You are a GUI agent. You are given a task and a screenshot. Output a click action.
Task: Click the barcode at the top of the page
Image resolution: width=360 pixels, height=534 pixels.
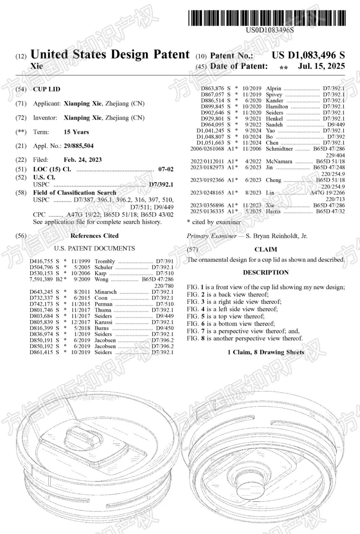(267, 18)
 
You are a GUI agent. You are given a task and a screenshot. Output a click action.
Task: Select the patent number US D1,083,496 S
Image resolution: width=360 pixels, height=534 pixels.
(308, 55)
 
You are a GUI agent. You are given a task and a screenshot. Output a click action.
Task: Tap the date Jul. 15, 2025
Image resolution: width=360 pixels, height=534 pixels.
(321, 66)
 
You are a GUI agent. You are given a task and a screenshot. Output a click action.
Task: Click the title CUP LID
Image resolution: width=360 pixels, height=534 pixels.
(47, 89)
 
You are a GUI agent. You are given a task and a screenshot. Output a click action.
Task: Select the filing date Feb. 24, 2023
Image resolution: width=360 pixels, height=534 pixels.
(83, 160)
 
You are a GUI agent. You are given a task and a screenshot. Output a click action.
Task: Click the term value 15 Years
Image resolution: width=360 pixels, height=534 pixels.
(76, 132)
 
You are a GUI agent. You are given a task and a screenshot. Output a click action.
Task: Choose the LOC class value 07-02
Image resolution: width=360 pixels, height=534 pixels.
(166, 169)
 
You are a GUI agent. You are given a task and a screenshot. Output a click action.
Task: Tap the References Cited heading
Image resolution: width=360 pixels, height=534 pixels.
(94, 236)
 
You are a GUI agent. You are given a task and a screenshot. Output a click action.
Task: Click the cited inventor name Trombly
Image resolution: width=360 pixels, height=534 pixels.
(105, 261)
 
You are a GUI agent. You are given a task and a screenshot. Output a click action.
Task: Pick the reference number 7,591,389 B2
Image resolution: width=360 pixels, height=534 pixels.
(45, 279)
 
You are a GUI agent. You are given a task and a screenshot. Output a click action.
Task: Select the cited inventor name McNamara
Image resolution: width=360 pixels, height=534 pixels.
(279, 162)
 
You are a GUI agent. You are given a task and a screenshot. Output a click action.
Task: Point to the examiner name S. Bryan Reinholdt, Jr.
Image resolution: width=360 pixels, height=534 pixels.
(276, 236)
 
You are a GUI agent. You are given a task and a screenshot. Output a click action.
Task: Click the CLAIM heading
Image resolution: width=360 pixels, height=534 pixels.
(266, 250)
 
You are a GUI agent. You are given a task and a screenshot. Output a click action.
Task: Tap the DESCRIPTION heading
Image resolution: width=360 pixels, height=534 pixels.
(266, 272)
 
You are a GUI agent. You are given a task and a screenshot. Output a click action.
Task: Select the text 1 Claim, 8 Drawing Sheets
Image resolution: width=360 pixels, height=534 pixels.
(266, 352)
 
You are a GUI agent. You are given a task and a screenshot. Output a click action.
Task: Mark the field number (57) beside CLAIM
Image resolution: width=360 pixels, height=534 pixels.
(192, 250)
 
